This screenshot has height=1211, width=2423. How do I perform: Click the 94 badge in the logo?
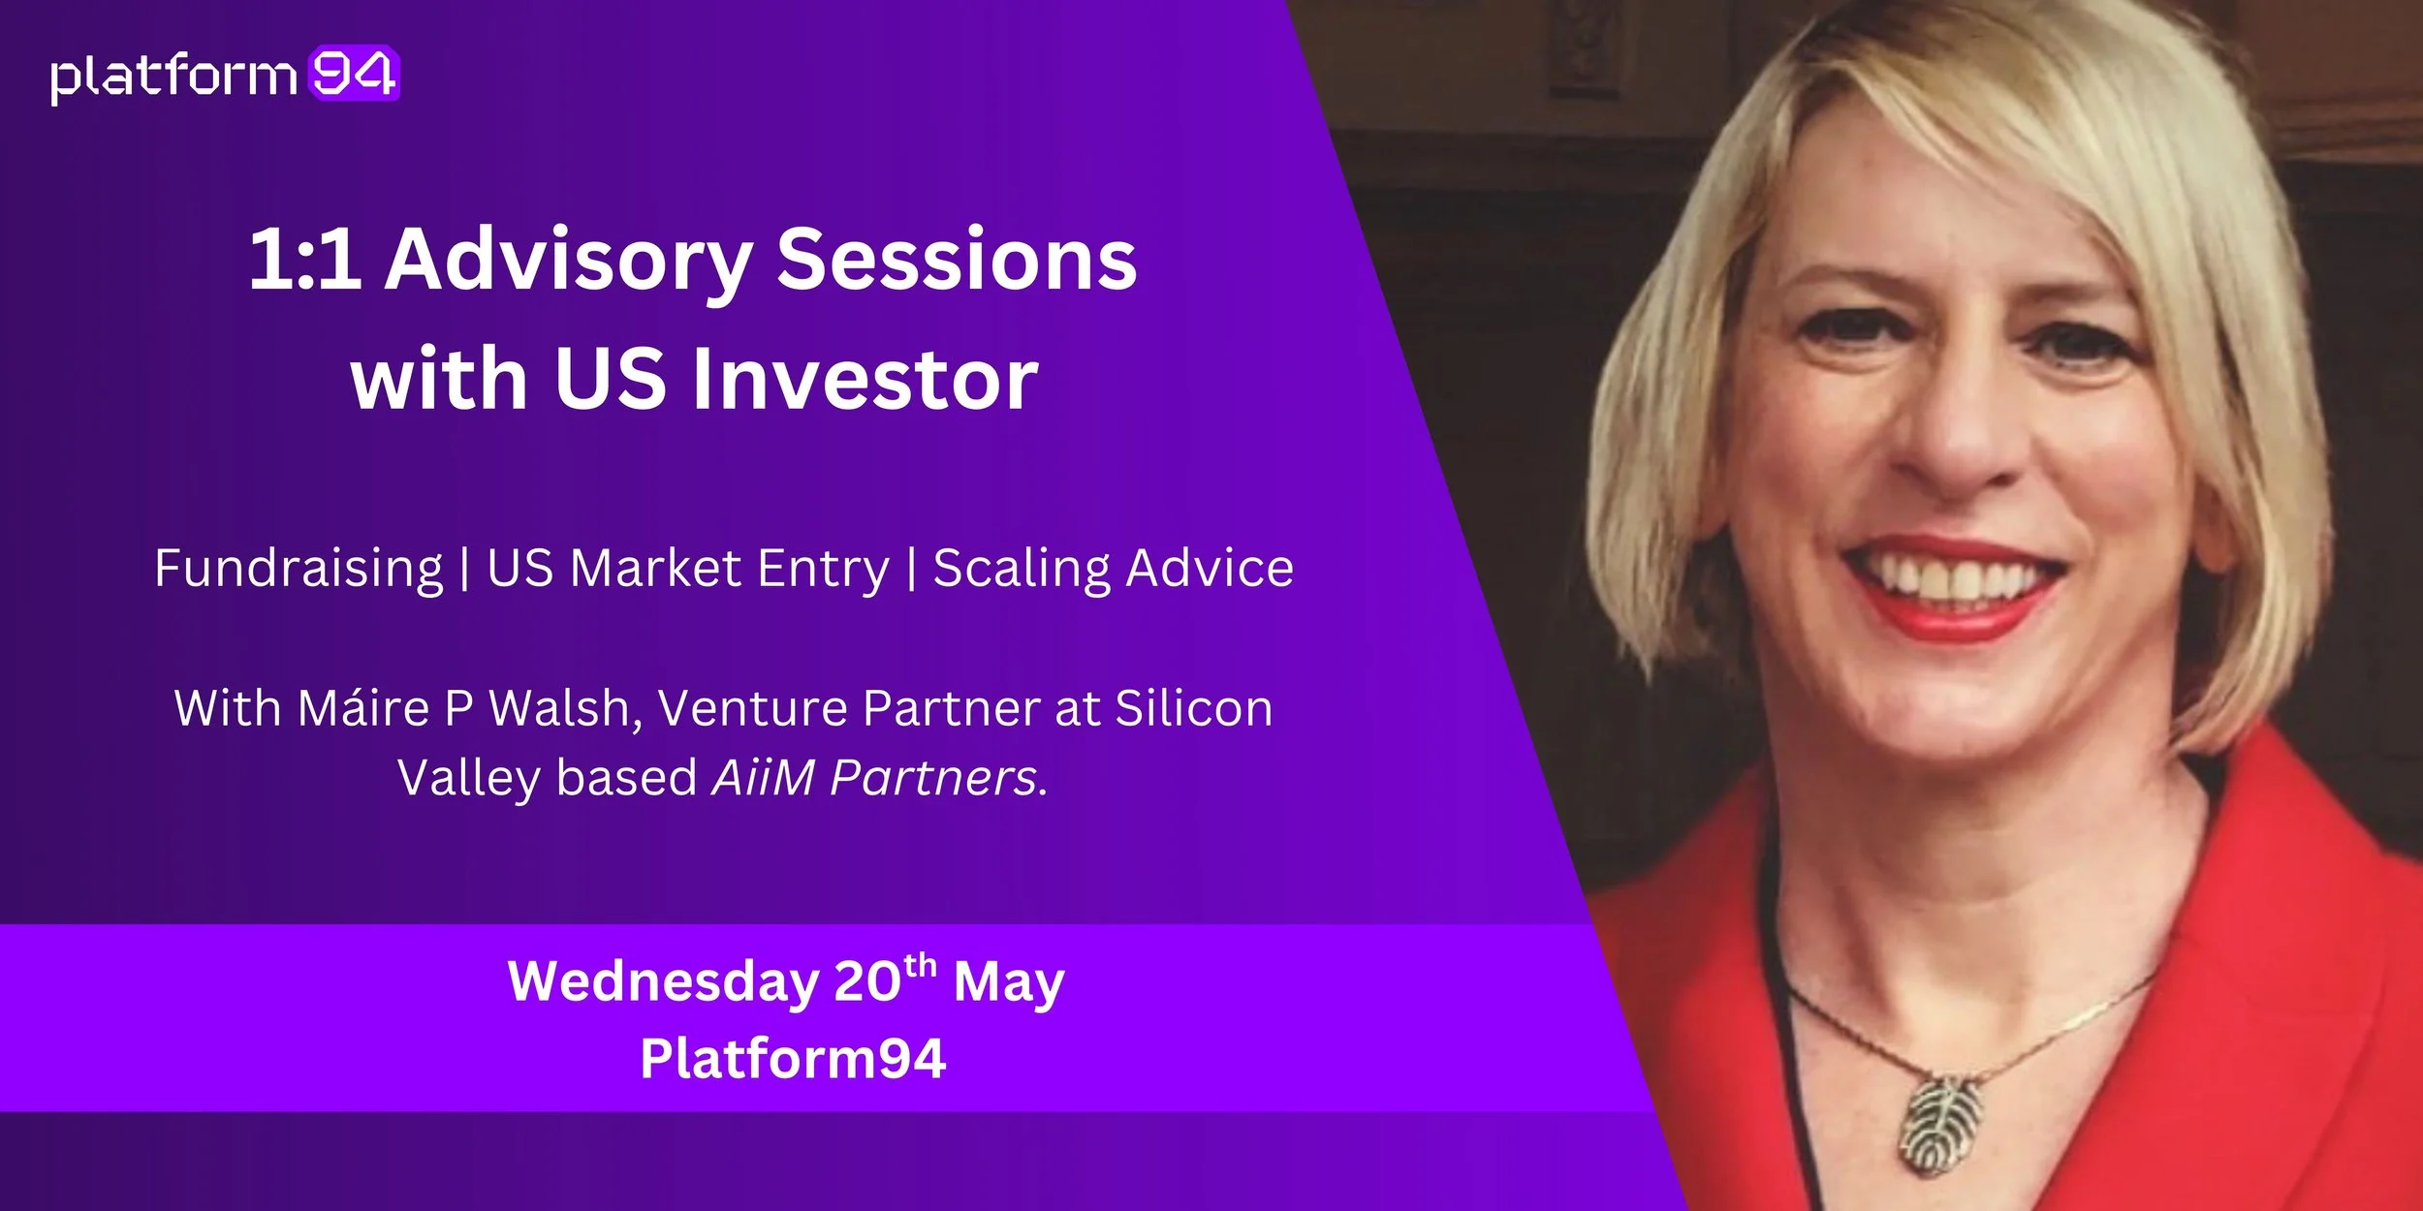click(x=354, y=74)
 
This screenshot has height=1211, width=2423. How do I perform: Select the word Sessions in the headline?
click(x=957, y=259)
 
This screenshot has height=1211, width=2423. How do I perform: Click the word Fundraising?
click(x=299, y=569)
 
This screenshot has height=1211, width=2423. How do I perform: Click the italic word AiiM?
click(x=763, y=777)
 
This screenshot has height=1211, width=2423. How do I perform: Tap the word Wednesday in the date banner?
click(x=663, y=982)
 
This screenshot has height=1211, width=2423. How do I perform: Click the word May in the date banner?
click(x=1009, y=982)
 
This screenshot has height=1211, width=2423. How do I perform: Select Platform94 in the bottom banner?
click(x=793, y=1058)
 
